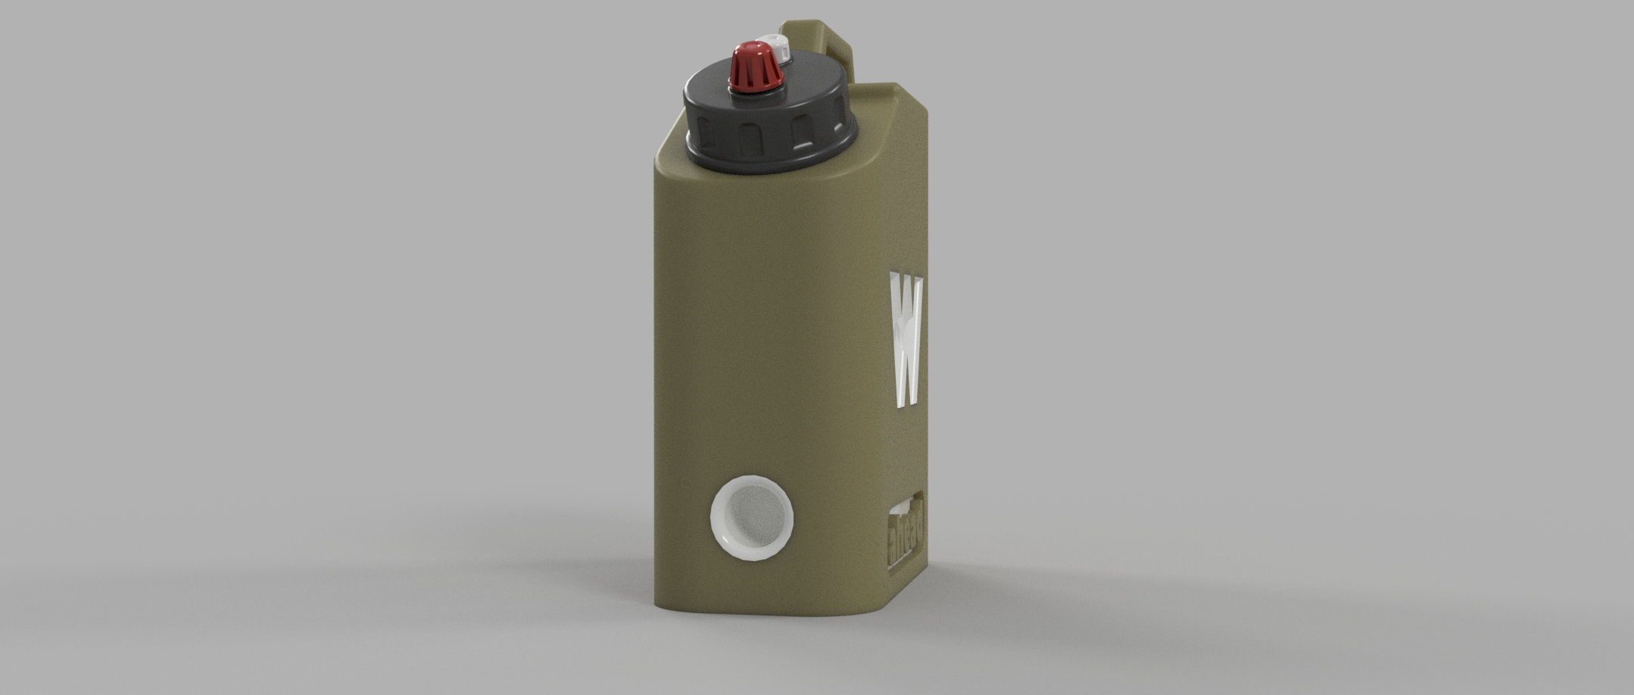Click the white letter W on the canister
point(906,341)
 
